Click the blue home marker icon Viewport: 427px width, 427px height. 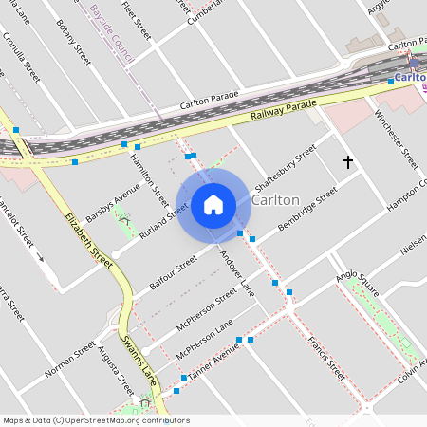[213, 204]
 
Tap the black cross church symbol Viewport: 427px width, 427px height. [347, 162]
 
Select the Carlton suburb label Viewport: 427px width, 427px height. [276, 201]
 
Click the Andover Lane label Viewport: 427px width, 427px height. [238, 270]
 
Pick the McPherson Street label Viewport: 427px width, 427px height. [206, 311]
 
